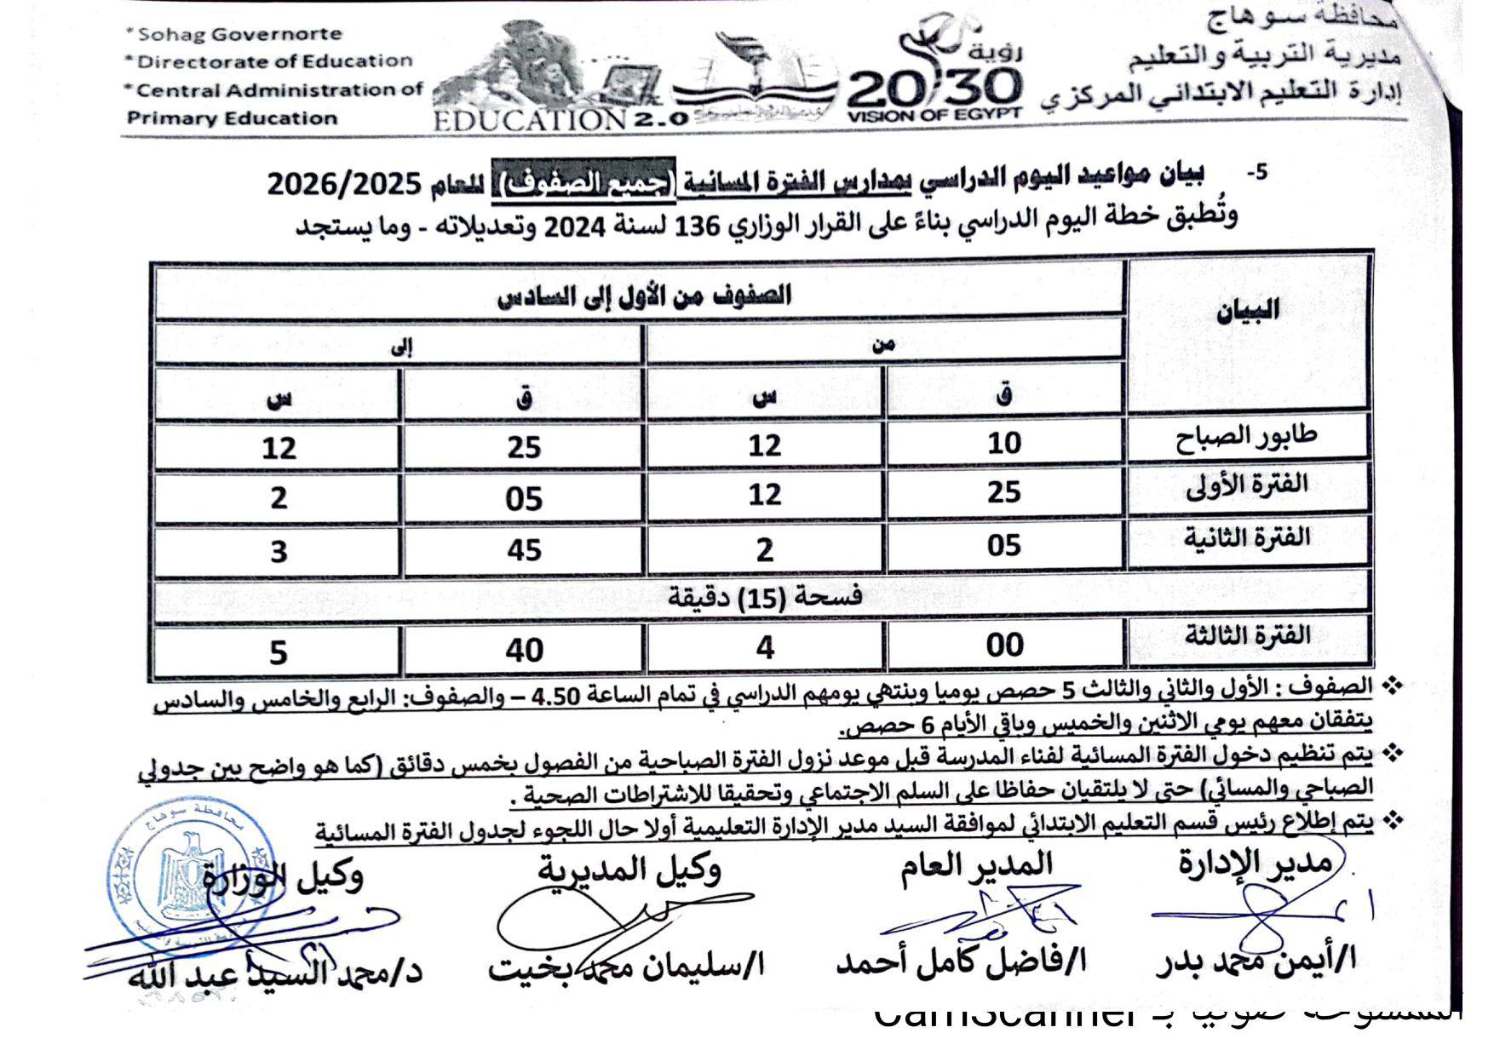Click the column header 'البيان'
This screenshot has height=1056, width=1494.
(x=1248, y=311)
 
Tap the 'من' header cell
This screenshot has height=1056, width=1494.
(x=883, y=343)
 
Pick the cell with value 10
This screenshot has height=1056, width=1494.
(x=1004, y=443)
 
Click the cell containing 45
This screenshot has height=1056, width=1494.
(x=523, y=549)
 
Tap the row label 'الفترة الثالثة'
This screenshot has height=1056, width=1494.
(x=1247, y=636)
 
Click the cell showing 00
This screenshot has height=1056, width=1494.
(x=1004, y=646)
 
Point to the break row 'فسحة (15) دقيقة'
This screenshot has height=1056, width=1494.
(x=764, y=597)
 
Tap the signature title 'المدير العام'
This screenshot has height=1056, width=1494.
(x=976, y=866)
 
